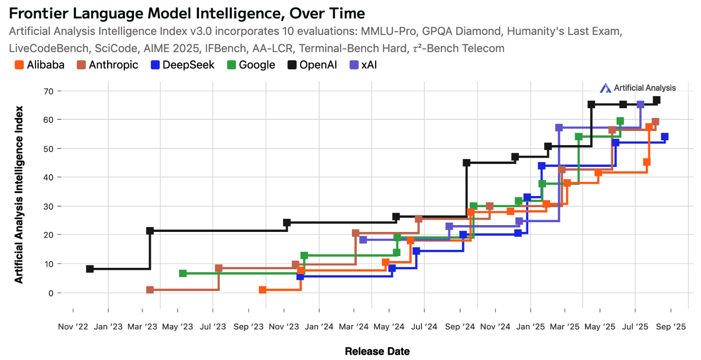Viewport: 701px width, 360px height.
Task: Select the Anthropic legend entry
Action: (107, 65)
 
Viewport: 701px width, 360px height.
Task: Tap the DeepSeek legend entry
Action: (182, 65)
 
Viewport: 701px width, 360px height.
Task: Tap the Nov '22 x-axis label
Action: (73, 327)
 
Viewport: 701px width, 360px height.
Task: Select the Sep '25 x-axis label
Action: (670, 327)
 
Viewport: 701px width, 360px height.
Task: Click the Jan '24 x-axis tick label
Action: (319, 327)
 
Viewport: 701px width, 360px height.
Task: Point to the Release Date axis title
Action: (377, 351)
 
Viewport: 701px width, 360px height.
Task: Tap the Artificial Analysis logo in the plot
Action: (637, 88)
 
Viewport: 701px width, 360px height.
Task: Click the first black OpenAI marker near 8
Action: (90, 269)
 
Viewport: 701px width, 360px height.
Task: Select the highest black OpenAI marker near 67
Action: (656, 100)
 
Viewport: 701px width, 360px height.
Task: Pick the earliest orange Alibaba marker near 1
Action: (263, 290)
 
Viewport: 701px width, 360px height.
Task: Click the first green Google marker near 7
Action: (183, 274)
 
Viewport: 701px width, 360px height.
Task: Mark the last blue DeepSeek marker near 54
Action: (665, 137)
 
